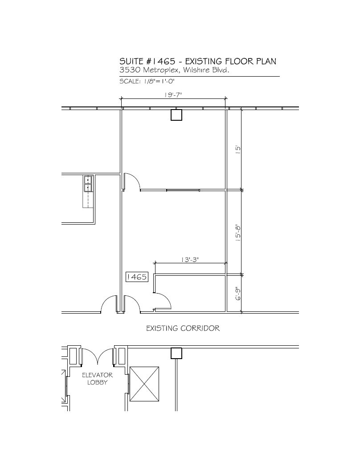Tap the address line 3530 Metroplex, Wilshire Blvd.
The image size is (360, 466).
point(174,70)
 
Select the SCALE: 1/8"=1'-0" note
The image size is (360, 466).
point(147,82)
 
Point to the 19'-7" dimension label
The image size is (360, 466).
point(174,95)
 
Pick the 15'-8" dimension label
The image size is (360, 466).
point(238,233)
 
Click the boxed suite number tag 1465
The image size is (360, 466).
point(137,277)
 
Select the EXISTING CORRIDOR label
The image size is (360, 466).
point(183,329)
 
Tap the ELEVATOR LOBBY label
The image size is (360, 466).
point(97,379)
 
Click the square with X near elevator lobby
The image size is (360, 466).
point(144,384)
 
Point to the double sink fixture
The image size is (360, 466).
point(88,184)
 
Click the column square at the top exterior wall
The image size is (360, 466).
point(177,115)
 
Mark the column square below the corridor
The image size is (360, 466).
point(177,353)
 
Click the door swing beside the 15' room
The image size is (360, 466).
point(132,182)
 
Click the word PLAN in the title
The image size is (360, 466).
point(271,61)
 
